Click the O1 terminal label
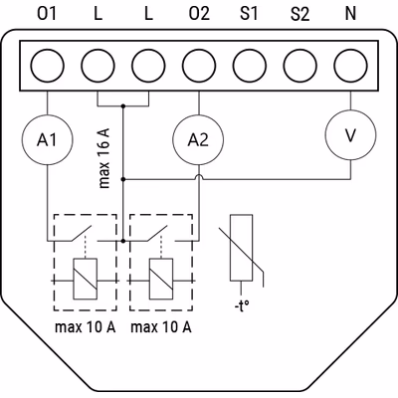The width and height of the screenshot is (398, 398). (x=47, y=14)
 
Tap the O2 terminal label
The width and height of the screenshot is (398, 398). (x=199, y=14)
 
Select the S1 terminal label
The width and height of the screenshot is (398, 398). (x=249, y=14)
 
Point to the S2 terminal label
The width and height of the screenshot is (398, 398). (x=299, y=14)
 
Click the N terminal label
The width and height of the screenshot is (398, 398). (x=350, y=14)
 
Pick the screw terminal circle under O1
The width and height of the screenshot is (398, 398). (x=47, y=66)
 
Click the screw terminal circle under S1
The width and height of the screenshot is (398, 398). (x=250, y=66)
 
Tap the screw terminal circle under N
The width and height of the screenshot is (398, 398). (x=350, y=66)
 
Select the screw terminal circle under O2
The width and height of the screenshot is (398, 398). (x=199, y=66)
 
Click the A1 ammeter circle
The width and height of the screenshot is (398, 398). (x=47, y=140)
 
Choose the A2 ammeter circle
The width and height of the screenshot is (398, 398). (x=199, y=140)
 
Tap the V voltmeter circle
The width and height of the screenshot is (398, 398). (x=350, y=135)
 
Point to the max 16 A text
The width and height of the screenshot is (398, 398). (x=104, y=157)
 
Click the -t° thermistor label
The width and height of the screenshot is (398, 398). (x=242, y=306)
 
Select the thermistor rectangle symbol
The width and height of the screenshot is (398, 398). (x=241, y=248)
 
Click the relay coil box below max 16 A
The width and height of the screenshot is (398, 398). (x=86, y=279)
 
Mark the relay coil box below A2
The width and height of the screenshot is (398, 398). (x=161, y=279)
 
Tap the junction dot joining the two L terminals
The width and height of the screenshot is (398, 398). (x=123, y=106)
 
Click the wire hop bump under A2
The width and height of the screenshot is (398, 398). (x=199, y=177)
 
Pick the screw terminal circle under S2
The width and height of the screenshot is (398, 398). (x=300, y=66)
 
